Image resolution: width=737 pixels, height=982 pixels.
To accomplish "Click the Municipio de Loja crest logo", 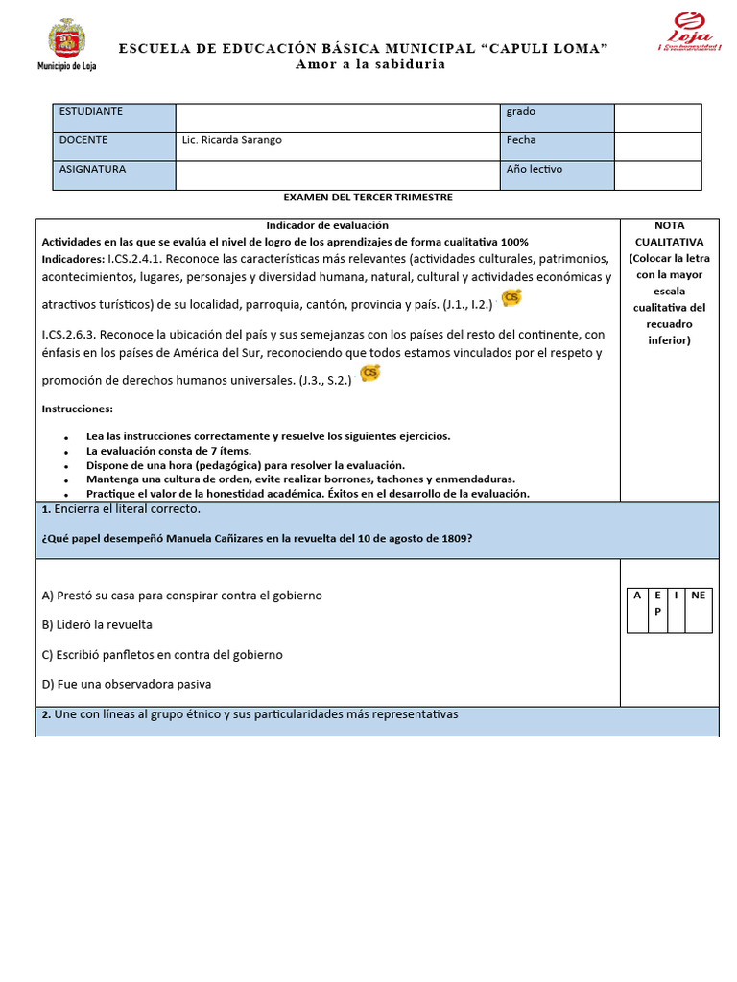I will tap(66, 41).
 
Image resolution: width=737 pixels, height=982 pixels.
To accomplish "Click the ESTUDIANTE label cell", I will tap(113, 117).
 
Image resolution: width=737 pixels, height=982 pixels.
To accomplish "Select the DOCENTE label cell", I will tap(113, 146).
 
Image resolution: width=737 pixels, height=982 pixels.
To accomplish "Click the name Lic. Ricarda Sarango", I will tap(231, 140).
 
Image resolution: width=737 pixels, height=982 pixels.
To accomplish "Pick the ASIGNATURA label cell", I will tap(113, 175).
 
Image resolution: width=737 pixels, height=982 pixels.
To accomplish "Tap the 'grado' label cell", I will tap(557, 117).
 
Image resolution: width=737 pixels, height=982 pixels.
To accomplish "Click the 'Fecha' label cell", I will tap(557, 146).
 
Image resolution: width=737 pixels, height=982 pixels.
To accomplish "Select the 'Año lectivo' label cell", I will tap(557, 175).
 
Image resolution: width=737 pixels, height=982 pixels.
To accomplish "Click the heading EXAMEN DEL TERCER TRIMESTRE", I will tap(368, 198).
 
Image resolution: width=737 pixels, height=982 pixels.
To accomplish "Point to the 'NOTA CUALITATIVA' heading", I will tap(668, 233).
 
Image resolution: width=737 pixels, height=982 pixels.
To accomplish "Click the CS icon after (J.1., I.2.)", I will tap(512, 298).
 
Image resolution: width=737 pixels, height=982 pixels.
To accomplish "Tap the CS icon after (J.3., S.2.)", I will tap(369, 373).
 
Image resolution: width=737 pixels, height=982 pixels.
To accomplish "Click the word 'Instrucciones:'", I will tap(78, 409).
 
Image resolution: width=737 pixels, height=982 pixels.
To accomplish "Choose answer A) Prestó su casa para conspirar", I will tap(182, 596).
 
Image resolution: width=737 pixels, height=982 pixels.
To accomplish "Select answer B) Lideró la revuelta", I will tap(97, 625).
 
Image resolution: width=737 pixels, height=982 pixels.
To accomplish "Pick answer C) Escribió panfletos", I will tap(162, 655).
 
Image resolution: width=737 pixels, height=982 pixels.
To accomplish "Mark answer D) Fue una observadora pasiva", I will tap(127, 685).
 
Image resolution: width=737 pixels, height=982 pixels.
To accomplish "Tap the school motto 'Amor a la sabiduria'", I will tap(369, 64).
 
